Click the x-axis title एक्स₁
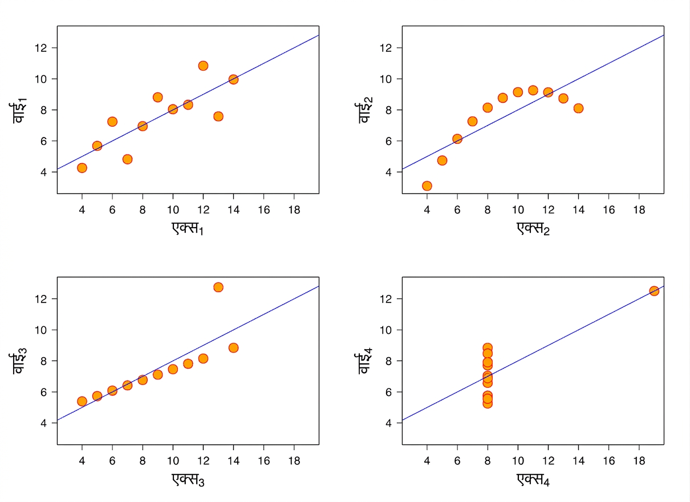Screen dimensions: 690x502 (x=188, y=229)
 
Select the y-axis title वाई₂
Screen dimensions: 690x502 (x=366, y=110)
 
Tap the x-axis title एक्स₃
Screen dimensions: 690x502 (x=188, y=480)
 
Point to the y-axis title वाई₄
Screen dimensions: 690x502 (x=366, y=361)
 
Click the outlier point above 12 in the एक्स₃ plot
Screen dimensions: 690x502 (x=218, y=287)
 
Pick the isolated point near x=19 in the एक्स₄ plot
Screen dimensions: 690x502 (x=654, y=291)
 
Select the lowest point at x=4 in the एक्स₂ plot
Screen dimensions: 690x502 (x=427, y=186)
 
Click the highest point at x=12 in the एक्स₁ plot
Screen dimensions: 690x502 (x=203, y=66)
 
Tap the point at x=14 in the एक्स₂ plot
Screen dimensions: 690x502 (x=578, y=108)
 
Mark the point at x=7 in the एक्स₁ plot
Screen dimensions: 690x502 (x=128, y=159)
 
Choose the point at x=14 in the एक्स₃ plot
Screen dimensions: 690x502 (x=233, y=348)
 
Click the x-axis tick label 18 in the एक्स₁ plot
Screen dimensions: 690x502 (x=294, y=210)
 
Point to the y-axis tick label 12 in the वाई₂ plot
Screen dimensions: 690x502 (x=385, y=48)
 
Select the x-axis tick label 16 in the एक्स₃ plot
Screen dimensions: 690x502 (x=263, y=461)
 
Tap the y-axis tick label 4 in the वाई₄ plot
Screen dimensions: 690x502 (x=388, y=423)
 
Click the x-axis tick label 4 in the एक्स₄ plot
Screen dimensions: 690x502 (x=427, y=461)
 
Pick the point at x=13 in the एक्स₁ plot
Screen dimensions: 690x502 (x=218, y=116)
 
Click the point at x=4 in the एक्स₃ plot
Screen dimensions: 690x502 (x=82, y=401)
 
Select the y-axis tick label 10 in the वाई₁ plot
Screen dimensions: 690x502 (x=40, y=79)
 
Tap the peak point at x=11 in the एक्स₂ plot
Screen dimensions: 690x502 (x=533, y=90)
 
